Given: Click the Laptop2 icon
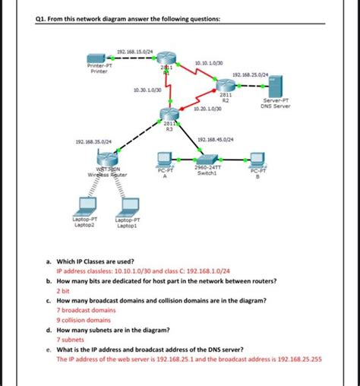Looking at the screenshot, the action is pyautogui.click(x=84, y=207).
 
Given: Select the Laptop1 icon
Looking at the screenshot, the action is pyautogui.click(x=127, y=207).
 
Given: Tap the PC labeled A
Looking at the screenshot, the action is pyautogui.click(x=163, y=159).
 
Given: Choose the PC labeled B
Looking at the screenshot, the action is pyautogui.click(x=257, y=159).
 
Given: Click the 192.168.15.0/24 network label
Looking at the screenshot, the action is pyautogui.click(x=134, y=51).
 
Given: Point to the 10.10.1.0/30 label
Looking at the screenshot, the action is pyautogui.click(x=210, y=63).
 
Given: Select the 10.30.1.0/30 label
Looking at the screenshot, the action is pyautogui.click(x=146, y=90).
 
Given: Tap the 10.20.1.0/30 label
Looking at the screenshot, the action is pyautogui.click(x=207, y=109).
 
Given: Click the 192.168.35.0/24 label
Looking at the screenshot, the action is pyautogui.click(x=93, y=141).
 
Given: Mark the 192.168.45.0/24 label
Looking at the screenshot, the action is pyautogui.click(x=215, y=139).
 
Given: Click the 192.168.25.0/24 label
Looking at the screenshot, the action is pyautogui.click(x=251, y=74).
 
